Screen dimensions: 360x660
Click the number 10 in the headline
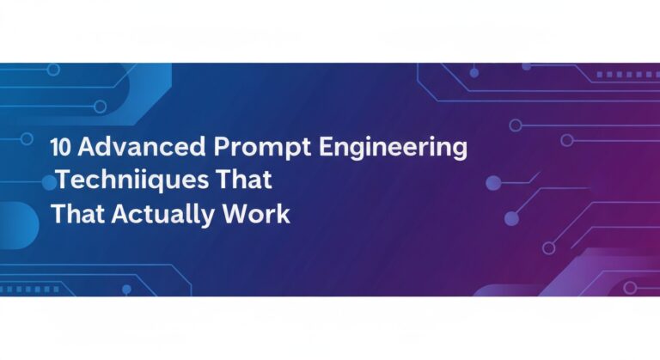pyautogui.click(x=61, y=148)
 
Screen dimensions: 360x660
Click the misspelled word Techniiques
pyautogui.click(x=136, y=181)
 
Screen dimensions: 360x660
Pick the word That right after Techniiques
pyautogui.click(x=248, y=180)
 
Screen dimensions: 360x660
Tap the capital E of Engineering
pyautogui.click(x=325, y=148)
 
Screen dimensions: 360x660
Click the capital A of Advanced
pyautogui.click(x=86, y=148)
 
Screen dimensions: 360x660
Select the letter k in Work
pyautogui.click(x=284, y=214)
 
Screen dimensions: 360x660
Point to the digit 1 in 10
pyautogui.click(x=54, y=148)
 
